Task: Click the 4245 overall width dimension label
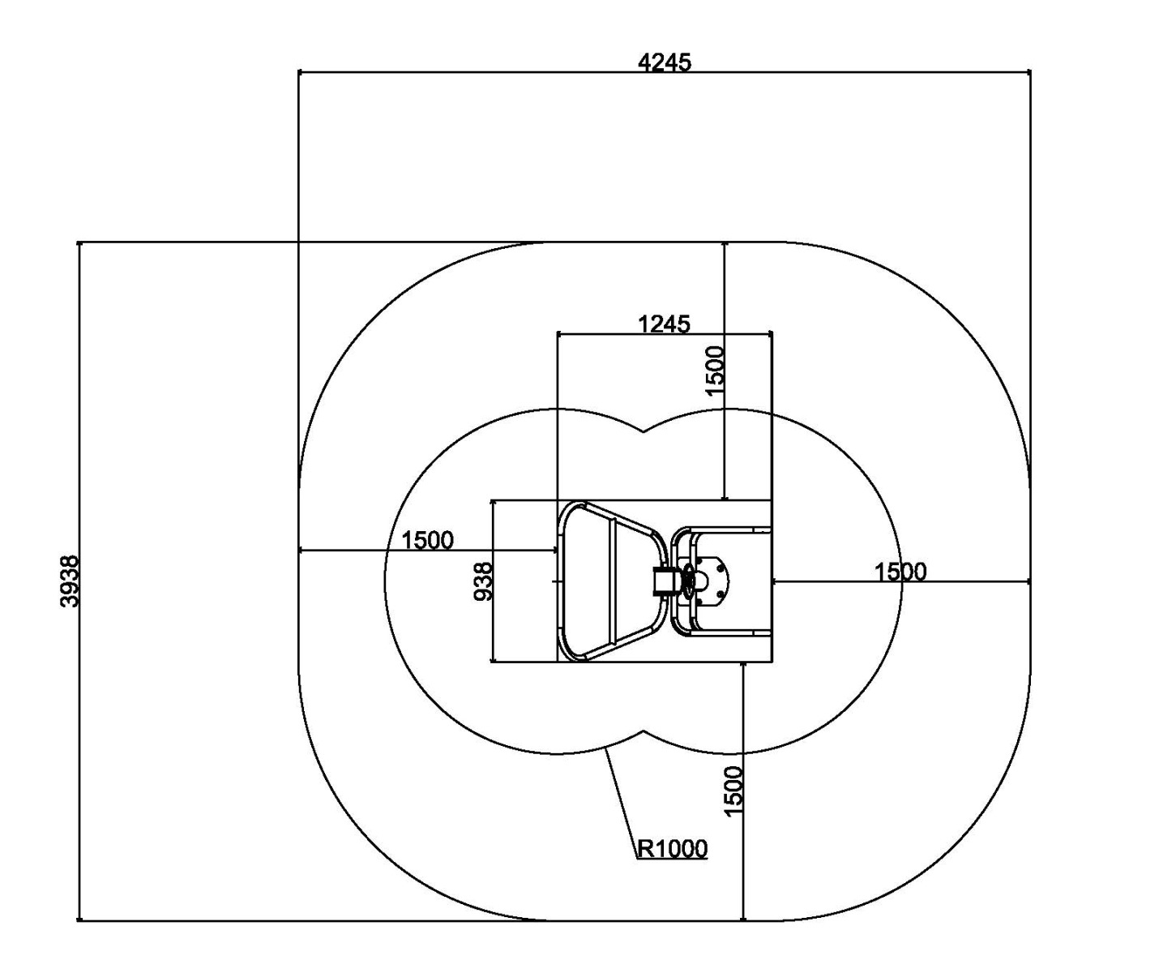click(664, 62)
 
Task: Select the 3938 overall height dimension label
click(70, 581)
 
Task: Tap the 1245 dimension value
click(664, 324)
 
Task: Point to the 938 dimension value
click(483, 581)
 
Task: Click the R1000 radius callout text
click(672, 848)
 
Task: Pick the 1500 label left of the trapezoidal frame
click(427, 540)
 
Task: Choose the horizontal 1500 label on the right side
click(900, 572)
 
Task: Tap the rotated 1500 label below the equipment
click(733, 791)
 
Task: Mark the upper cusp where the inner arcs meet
click(644, 431)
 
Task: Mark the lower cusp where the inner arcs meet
click(644, 731)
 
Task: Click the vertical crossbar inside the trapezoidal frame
click(611, 581)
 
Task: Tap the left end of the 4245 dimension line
click(298, 72)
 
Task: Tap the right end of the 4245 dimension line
click(1030, 72)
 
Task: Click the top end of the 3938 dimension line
click(79, 242)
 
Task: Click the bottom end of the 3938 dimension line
click(79, 920)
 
